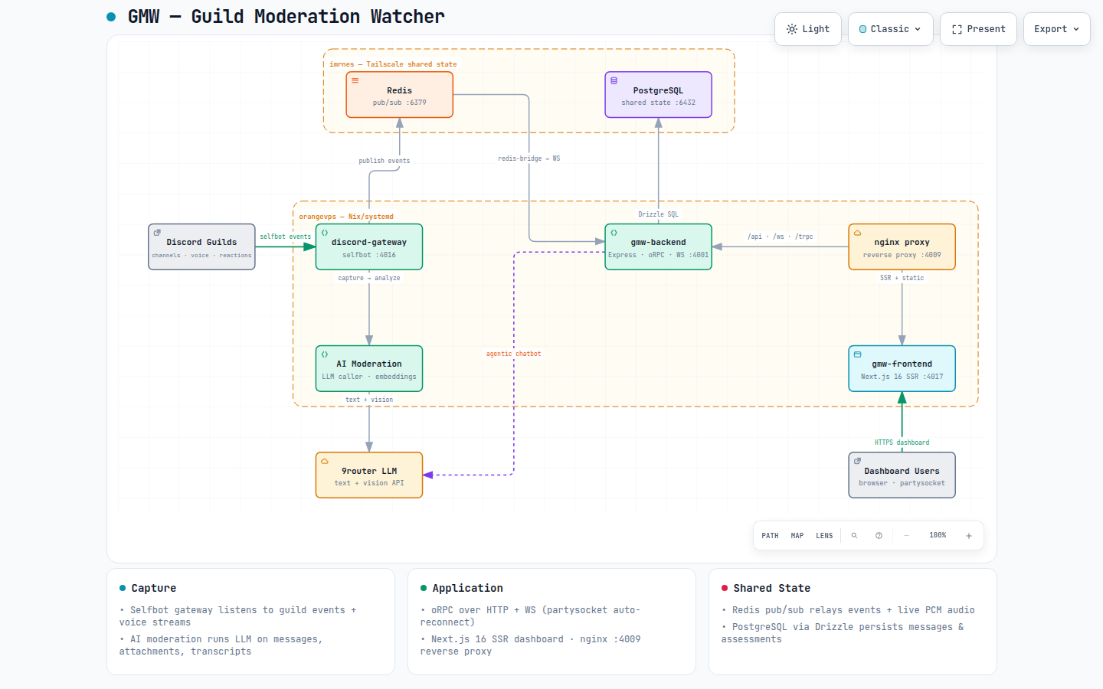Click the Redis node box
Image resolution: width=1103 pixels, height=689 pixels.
point(399,95)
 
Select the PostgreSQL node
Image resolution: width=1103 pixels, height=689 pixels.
point(659,95)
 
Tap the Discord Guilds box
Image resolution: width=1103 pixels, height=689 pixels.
point(202,247)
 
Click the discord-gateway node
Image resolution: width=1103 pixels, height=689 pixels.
point(369,247)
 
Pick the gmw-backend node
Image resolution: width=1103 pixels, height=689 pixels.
point(659,247)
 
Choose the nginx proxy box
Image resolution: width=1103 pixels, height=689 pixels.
point(902,247)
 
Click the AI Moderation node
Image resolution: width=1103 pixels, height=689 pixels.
point(369,369)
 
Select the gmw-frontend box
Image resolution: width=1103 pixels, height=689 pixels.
point(902,369)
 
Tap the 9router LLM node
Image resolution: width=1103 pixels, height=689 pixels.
point(369,475)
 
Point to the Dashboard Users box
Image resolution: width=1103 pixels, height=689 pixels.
point(902,475)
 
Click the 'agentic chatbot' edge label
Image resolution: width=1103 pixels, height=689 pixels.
point(513,354)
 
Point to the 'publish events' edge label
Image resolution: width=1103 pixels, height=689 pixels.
point(384,161)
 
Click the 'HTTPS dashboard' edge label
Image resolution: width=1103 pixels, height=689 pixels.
point(902,442)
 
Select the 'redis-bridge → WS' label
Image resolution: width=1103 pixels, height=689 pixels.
point(529,158)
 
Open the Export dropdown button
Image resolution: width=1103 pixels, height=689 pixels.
point(1057,29)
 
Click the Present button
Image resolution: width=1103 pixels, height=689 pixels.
point(978,29)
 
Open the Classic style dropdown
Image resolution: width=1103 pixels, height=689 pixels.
point(890,29)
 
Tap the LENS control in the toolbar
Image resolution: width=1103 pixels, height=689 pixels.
point(824,535)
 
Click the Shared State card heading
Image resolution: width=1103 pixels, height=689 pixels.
point(771,588)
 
